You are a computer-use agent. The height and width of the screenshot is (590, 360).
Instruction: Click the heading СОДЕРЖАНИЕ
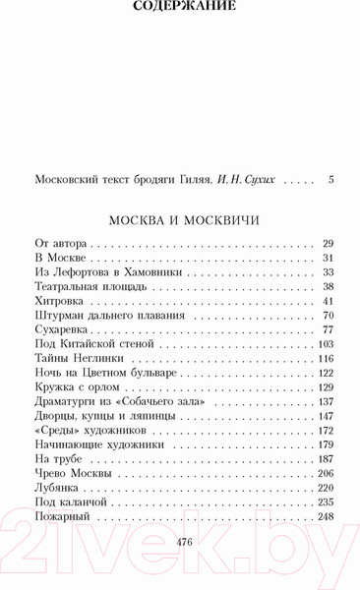coord(184,7)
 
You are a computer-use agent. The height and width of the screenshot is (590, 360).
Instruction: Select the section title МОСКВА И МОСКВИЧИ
coord(184,220)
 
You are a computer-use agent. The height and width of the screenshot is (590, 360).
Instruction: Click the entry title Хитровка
coord(60,300)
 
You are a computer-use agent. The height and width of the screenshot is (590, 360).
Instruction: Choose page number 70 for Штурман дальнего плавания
coord(329,316)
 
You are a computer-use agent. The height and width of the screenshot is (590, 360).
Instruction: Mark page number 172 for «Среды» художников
coord(327,431)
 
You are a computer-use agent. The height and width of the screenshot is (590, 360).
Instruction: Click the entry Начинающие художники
coord(96,445)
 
